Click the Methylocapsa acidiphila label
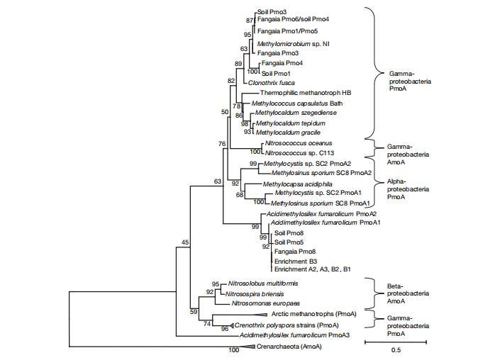pos(291,183)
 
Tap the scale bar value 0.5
pos(395,350)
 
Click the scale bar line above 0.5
pos(395,342)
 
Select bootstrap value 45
pos(186,243)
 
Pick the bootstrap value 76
pos(222,144)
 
